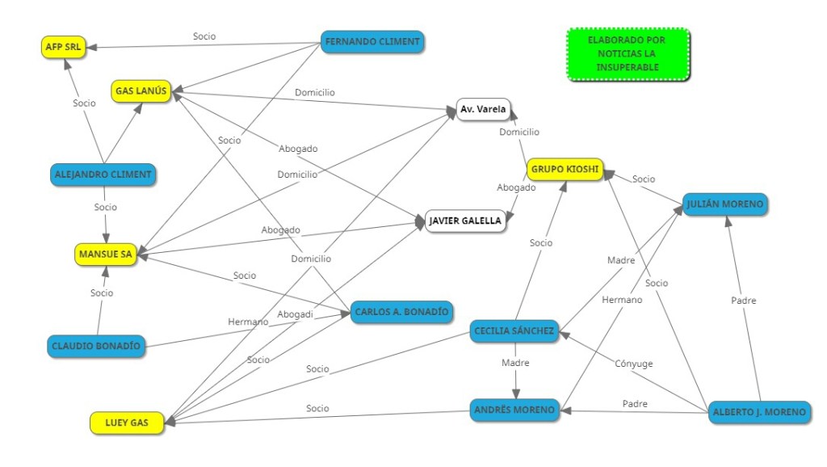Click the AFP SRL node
[x=65, y=47]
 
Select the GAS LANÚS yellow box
[x=141, y=91]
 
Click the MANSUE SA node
[x=105, y=254]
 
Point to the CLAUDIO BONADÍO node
[x=95, y=347]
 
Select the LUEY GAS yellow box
[x=127, y=422]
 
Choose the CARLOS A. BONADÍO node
[x=401, y=313]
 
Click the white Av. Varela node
[x=483, y=109]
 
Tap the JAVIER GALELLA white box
[x=465, y=220]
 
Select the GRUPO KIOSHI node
[x=565, y=170]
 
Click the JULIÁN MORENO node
[x=724, y=204]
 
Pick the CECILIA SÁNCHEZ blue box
[x=514, y=331]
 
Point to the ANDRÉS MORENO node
[x=514, y=410]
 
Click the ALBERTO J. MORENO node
[x=758, y=412]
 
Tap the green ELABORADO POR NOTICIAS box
[x=628, y=53]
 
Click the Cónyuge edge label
[x=635, y=364]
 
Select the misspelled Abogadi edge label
[x=295, y=314]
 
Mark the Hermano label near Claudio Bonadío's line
[x=247, y=322]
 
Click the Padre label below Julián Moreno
[x=743, y=301]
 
